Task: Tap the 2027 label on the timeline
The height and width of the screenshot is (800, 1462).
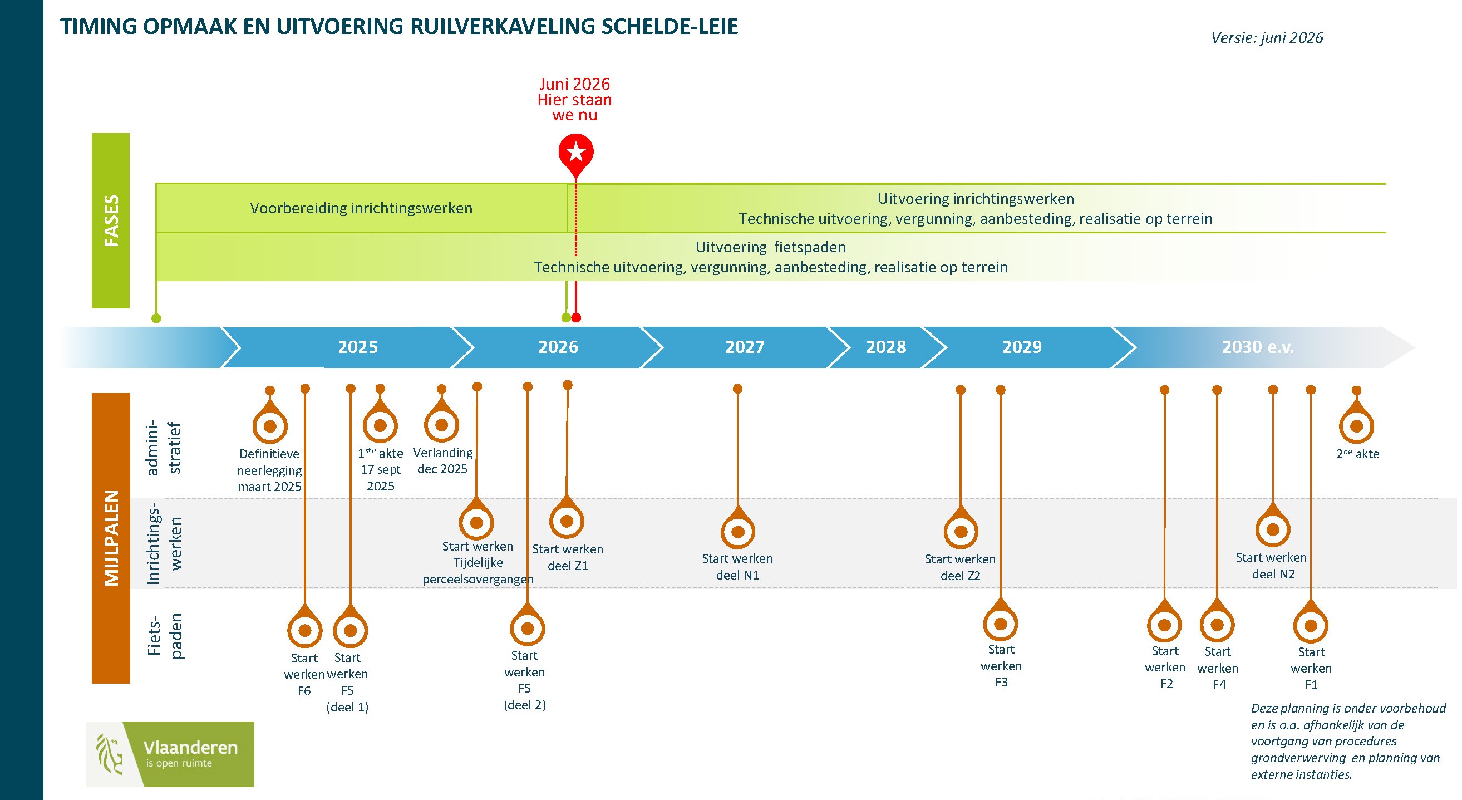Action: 745,347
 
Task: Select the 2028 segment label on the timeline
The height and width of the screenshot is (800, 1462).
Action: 885,347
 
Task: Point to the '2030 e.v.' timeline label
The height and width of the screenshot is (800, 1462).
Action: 1258,347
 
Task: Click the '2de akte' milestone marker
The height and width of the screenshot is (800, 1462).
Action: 1356,426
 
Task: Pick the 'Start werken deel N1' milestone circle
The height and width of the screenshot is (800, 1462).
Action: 737,532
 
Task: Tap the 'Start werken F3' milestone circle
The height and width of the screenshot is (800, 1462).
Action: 1000,624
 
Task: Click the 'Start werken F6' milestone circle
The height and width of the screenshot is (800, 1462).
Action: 305,630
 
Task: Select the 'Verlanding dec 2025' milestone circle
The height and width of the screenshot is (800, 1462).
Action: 441,425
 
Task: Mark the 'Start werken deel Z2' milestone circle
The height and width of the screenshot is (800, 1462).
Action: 960,532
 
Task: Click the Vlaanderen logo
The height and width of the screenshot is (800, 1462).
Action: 170,754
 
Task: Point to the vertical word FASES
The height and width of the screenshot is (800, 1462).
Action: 111,220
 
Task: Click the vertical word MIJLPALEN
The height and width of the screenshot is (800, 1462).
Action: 111,538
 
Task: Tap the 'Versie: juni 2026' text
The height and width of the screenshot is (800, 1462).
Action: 1267,37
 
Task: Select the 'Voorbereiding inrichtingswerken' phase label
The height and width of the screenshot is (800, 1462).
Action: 361,208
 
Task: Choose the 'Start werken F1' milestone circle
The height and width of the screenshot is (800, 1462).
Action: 1311,625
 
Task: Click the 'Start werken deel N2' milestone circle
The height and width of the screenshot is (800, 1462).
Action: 1272,529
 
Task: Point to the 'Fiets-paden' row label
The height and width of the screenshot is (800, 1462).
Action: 165,636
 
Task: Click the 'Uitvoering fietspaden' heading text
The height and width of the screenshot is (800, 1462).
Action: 771,247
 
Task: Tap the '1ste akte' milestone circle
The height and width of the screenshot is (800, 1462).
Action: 380,425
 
